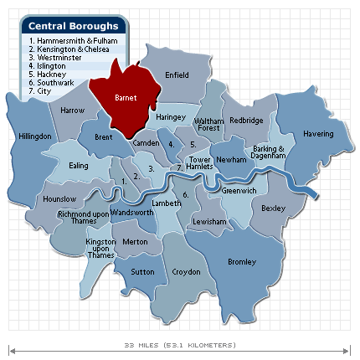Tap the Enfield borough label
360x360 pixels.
(177, 75)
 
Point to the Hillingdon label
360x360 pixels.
(34, 136)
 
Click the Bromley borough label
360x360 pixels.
(242, 262)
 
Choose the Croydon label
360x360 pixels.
(186, 272)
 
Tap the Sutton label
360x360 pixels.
(143, 272)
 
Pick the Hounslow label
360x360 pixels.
(59, 198)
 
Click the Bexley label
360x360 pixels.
(274, 208)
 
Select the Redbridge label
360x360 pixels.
(246, 121)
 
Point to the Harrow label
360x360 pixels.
(73, 110)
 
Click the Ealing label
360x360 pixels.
(78, 166)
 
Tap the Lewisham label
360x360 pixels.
(209, 221)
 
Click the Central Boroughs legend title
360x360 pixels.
(74, 26)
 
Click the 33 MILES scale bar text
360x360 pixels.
(180, 345)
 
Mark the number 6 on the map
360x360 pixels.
(186, 194)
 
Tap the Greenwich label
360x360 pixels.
(239, 191)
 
